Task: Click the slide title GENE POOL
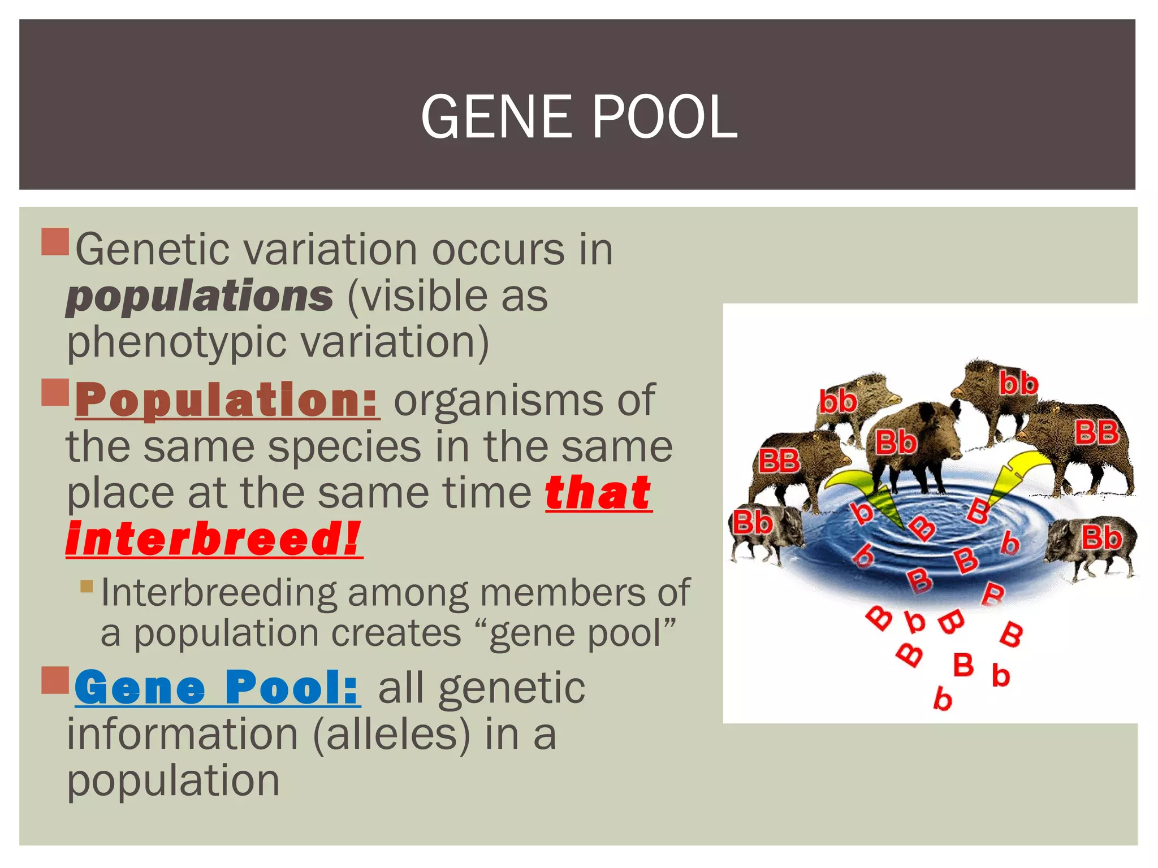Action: (x=578, y=116)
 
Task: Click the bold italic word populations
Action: (x=200, y=296)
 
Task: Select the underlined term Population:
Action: (x=227, y=401)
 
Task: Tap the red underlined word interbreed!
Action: (x=214, y=539)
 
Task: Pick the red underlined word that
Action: (x=598, y=493)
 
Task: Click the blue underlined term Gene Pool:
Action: (x=217, y=688)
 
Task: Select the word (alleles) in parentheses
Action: (x=391, y=734)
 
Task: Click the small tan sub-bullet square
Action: (x=87, y=585)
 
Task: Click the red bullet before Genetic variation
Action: (x=55, y=241)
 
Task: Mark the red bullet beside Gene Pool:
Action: (x=55, y=680)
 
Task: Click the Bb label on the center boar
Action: (x=896, y=442)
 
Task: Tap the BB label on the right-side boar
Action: (x=1096, y=433)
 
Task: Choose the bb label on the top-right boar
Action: (x=1018, y=384)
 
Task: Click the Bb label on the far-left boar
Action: (x=753, y=523)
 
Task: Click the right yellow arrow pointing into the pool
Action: (x=1012, y=475)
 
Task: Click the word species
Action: (x=344, y=447)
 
